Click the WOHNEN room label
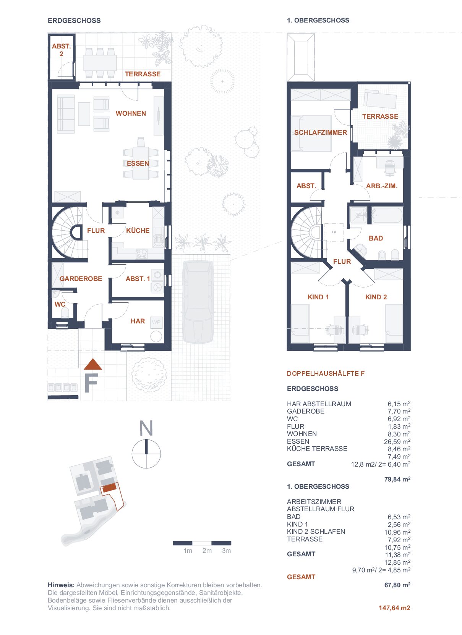tap(131, 113)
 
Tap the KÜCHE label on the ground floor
tap(138, 231)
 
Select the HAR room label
tap(138, 321)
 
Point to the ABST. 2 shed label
tap(61, 50)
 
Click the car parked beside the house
tap(198, 302)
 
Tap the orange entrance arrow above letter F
tap(93, 364)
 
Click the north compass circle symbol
tap(146, 454)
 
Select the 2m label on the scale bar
tap(207, 551)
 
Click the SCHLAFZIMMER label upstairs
tap(320, 132)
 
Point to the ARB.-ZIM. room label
tap(382, 186)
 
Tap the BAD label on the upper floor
tap(376, 238)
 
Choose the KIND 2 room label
tap(376, 297)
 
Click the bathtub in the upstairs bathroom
tap(387, 215)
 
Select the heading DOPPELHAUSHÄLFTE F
tap(326, 373)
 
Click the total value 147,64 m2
tap(394, 608)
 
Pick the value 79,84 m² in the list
tap(397, 479)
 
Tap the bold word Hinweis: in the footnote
tap(61, 585)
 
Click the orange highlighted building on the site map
tap(110, 487)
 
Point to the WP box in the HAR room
tap(156, 322)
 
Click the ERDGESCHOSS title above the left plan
tap(74, 20)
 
